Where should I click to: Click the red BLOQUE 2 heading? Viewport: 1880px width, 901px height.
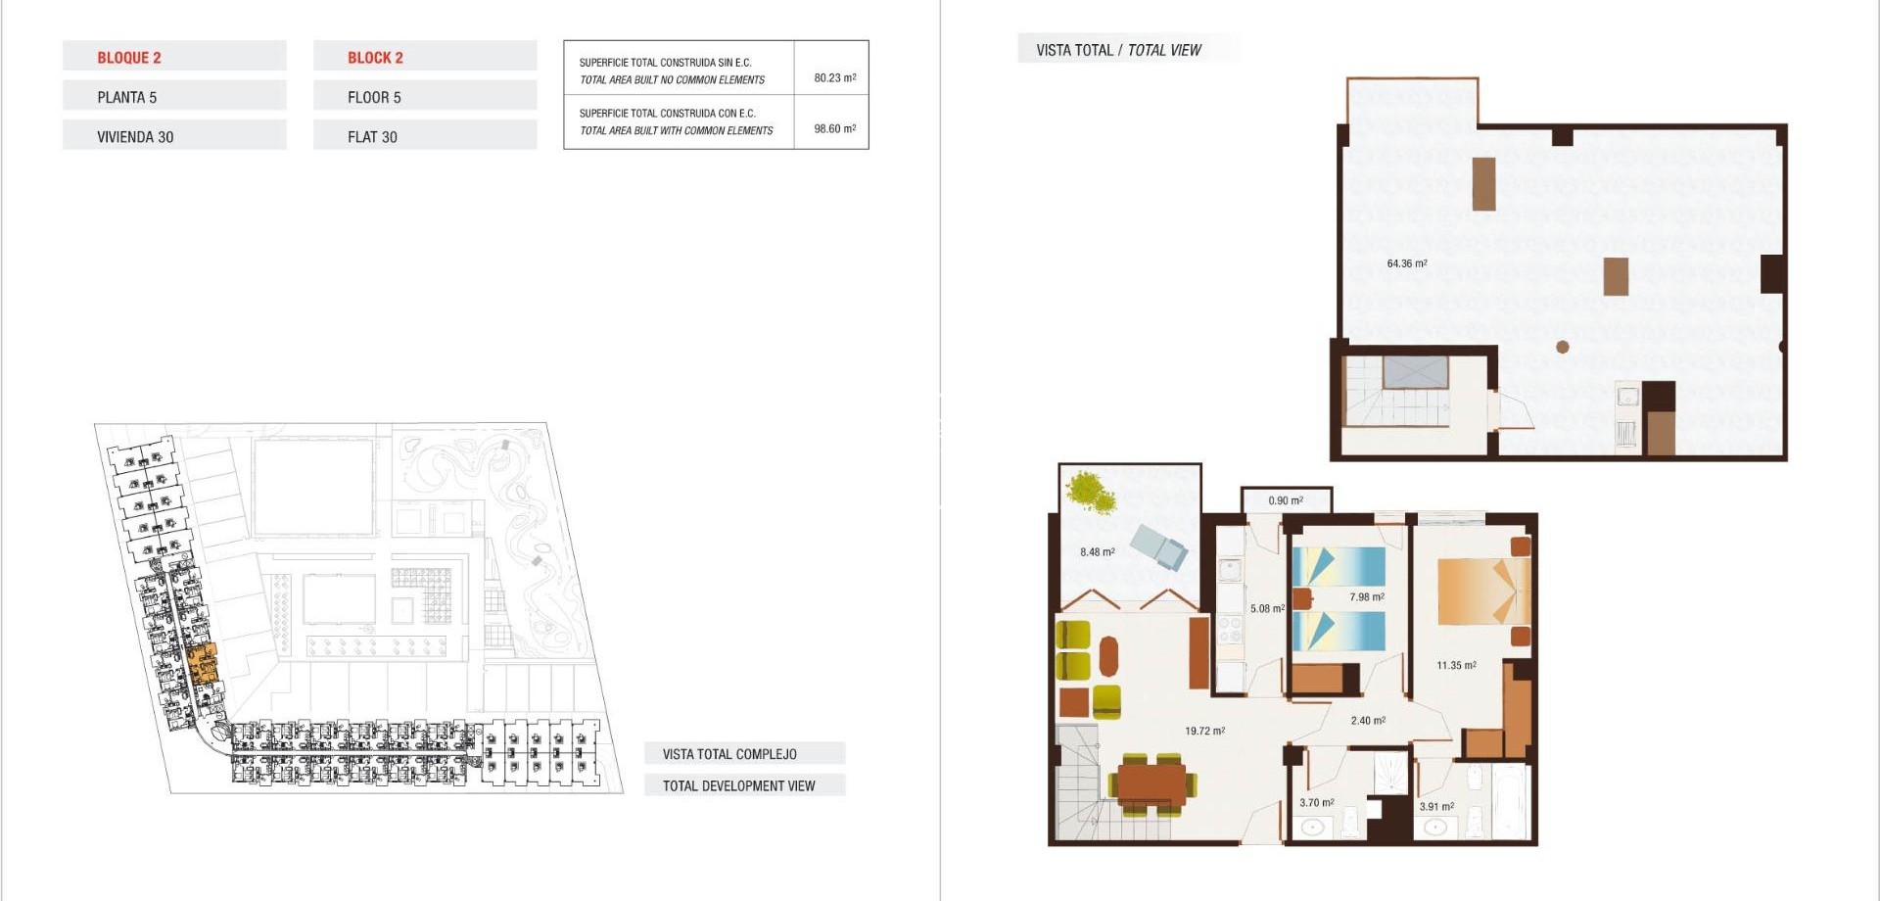[x=128, y=58]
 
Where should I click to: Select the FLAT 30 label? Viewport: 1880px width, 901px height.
[x=372, y=137]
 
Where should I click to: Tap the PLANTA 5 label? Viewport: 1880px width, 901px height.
[x=126, y=97]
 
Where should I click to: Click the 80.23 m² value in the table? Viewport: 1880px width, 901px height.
[x=834, y=77]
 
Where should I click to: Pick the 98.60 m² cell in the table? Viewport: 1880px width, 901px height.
[x=834, y=128]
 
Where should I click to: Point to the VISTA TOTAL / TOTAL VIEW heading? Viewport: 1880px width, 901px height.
[x=1118, y=50]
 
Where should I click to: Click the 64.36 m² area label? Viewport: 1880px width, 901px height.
[x=1406, y=263]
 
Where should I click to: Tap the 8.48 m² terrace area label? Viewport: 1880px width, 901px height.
[x=1097, y=552]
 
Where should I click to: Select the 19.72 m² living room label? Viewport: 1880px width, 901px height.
[x=1204, y=731]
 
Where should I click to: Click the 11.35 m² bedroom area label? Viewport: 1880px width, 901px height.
[x=1456, y=665]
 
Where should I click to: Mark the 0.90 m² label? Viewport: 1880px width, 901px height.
[x=1285, y=500]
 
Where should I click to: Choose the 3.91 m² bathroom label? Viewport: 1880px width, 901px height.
[x=1436, y=807]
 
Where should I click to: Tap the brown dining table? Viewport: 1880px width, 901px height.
[x=1151, y=783]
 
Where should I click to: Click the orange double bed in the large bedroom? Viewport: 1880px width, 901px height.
[x=1480, y=591]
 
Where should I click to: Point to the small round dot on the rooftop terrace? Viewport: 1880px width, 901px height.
[x=1563, y=347]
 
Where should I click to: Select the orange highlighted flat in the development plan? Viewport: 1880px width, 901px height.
[x=202, y=664]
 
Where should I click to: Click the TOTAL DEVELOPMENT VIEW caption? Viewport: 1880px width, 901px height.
[x=738, y=785]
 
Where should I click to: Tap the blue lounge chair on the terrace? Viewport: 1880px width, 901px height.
[x=1159, y=546]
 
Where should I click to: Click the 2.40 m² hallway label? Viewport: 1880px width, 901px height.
[x=1367, y=721]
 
